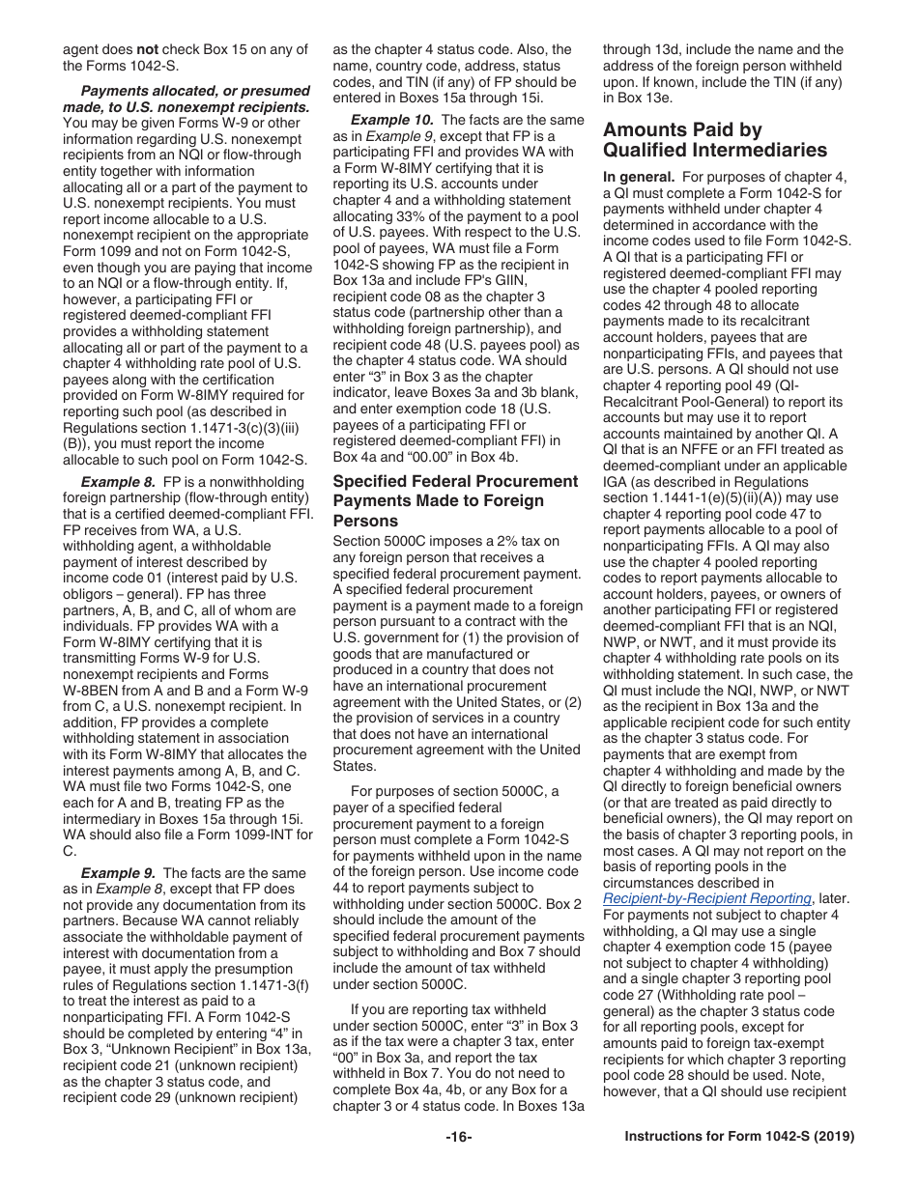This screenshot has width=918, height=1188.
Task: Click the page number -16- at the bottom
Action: click(459, 1138)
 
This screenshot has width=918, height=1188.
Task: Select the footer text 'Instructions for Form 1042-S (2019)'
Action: click(739, 1138)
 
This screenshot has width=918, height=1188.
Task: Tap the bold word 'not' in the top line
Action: click(147, 50)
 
